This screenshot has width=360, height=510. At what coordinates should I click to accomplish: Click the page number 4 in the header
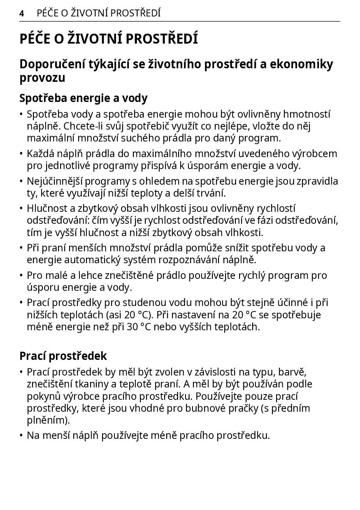click(21, 14)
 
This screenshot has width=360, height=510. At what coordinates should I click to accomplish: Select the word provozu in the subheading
click(42, 78)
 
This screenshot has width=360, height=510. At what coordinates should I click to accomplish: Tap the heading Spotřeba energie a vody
click(84, 98)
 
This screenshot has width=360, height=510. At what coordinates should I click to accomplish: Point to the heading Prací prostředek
click(63, 356)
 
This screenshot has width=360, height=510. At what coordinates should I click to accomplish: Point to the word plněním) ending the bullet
click(49, 420)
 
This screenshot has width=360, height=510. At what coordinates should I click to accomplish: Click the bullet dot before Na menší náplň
click(21, 436)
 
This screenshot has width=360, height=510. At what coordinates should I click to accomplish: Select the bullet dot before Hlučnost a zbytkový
click(21, 209)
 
